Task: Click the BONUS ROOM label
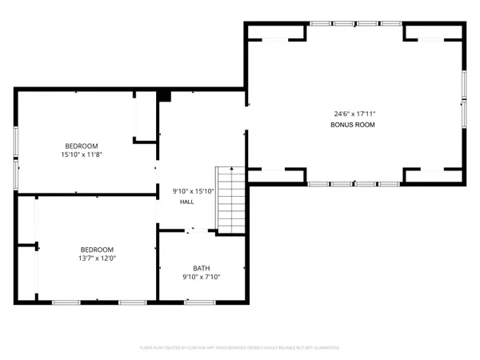(353, 126)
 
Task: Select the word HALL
(186, 202)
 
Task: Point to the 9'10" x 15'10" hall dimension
(194, 190)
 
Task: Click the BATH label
(201, 268)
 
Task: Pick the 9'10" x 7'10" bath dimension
(201, 278)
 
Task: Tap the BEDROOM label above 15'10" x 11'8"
(78, 146)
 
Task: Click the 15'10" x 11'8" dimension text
(78, 154)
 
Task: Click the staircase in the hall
(229, 198)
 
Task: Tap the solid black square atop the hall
(164, 96)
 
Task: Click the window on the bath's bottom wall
(199, 302)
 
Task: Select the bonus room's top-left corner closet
(276, 32)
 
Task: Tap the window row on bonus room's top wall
(356, 23)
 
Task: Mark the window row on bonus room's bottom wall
(356, 183)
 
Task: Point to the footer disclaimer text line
(240, 348)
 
